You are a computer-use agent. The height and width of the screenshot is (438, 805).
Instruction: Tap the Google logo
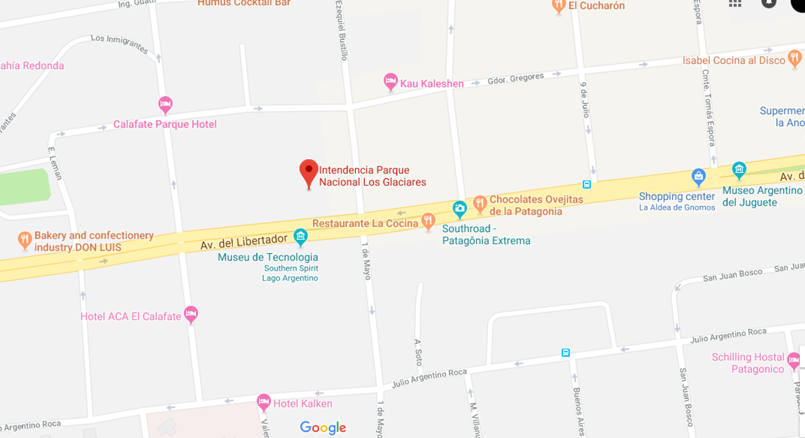[323, 428]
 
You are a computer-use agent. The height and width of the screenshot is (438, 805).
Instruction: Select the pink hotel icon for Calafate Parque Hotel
[165, 104]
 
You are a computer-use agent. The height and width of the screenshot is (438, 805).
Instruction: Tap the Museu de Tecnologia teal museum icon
[301, 236]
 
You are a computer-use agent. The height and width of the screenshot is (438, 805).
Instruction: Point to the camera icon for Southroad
[460, 210]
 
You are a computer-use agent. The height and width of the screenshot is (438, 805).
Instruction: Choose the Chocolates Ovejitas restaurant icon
[480, 203]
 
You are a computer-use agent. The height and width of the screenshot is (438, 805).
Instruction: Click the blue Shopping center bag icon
[698, 176]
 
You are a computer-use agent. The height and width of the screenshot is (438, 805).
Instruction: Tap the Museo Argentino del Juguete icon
[739, 170]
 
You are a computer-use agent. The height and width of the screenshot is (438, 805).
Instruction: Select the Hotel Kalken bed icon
[264, 401]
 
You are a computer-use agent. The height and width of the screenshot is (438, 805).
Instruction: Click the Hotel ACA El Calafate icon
[191, 314]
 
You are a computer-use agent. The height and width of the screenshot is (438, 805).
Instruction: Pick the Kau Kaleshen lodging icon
[391, 82]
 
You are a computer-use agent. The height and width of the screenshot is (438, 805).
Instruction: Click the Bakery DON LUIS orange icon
[25, 240]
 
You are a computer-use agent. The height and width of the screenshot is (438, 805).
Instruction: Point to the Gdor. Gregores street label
[516, 79]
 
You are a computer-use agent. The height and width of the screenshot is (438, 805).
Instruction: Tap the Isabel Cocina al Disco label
[734, 61]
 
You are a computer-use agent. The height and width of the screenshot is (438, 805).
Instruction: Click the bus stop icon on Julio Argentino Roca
[566, 353]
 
